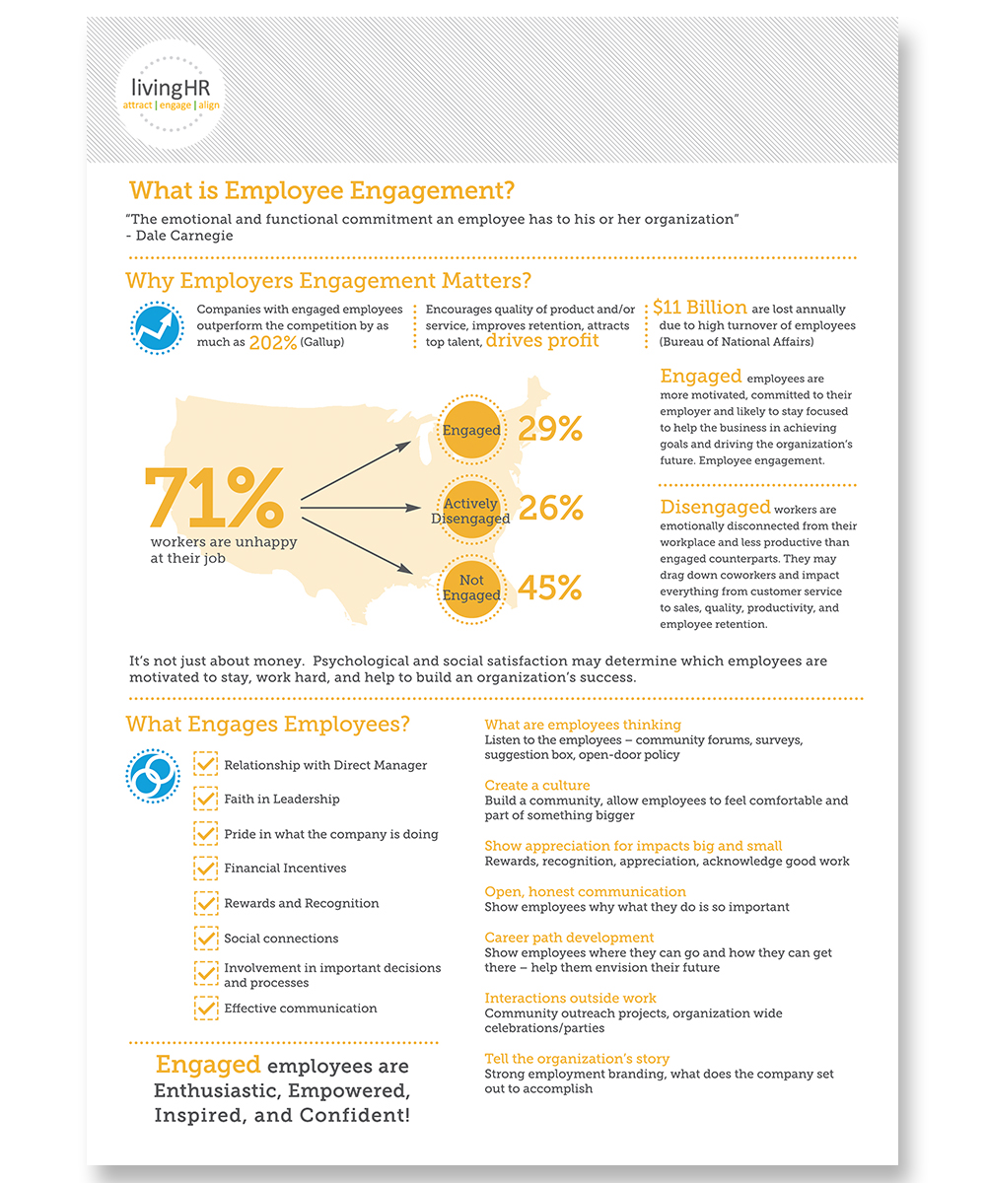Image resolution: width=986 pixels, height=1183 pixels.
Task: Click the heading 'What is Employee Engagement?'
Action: tap(322, 190)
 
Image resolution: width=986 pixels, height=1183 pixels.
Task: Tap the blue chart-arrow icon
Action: tap(157, 328)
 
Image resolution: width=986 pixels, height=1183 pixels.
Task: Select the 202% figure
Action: tap(272, 343)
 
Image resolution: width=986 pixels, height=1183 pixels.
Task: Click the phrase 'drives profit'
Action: tap(542, 341)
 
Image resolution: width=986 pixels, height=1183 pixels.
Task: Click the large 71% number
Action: tap(214, 498)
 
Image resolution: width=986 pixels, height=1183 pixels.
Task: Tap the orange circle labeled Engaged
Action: tap(470, 430)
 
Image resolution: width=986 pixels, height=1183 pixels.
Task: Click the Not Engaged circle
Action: tap(470, 589)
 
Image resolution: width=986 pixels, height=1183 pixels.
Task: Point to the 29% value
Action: tap(550, 430)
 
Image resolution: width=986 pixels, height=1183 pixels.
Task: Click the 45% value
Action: tap(550, 589)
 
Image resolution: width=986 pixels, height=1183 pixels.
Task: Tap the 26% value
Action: tap(550, 509)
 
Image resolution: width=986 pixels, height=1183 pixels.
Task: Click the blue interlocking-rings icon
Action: tap(153, 776)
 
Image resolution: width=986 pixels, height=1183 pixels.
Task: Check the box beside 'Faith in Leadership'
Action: tap(205, 798)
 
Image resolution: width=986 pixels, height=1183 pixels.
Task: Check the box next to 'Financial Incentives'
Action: tap(205, 868)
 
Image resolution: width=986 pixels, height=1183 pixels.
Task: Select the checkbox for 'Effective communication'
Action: tap(205, 1008)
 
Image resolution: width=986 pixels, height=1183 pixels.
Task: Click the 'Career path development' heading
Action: tap(569, 938)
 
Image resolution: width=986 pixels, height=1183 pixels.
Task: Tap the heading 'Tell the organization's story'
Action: tap(577, 1059)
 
